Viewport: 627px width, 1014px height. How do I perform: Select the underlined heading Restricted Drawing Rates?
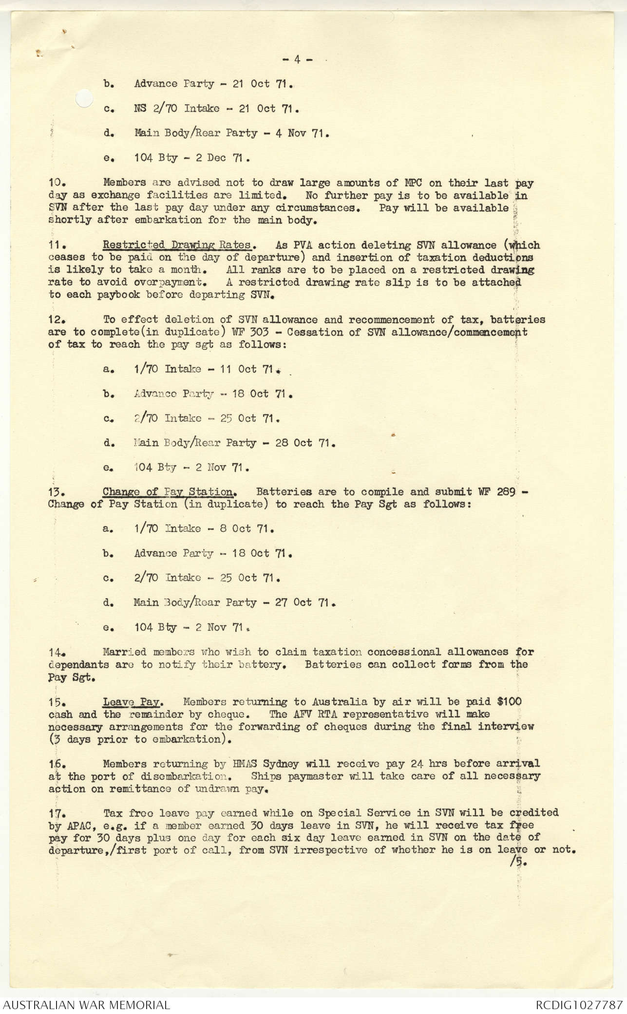(177, 245)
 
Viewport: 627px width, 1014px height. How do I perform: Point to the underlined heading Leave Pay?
(133, 702)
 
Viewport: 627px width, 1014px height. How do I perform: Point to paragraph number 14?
(57, 652)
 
